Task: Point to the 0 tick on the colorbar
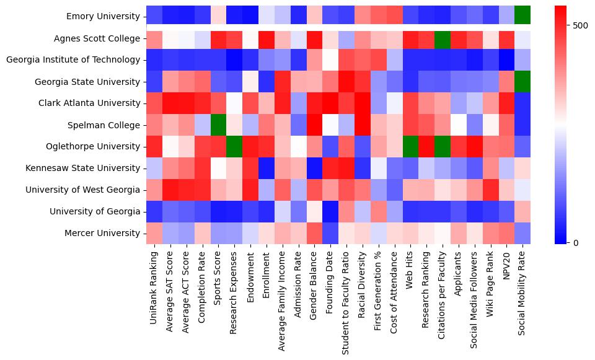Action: [577, 242]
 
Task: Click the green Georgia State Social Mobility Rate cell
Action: [523, 82]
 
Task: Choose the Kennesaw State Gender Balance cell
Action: [314, 168]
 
